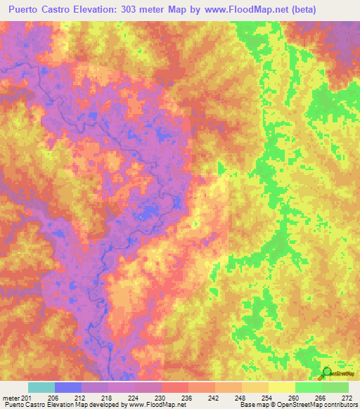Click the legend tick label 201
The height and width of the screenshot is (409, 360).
27,398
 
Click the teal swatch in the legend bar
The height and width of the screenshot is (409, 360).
41,387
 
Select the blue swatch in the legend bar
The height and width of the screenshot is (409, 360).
68,387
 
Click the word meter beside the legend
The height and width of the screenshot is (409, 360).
10,398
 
